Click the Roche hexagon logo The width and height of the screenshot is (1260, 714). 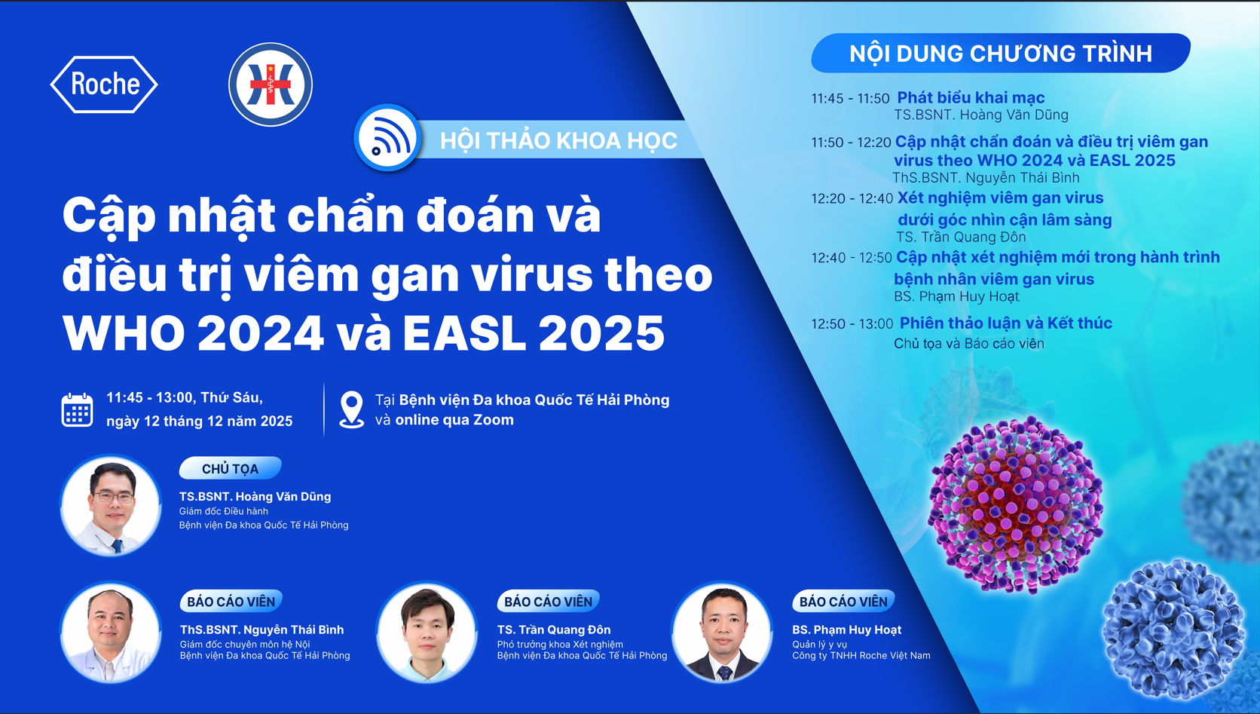point(104,84)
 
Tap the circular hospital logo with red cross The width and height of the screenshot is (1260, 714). point(271,84)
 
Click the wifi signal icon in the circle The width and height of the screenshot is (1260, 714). point(387,138)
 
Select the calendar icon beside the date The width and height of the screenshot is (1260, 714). point(77,410)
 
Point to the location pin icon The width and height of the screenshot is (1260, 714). point(352,409)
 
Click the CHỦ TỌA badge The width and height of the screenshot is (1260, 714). point(230,468)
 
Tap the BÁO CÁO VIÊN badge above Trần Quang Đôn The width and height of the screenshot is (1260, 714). point(548,601)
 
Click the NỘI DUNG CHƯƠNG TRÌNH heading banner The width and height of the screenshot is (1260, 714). point(1001,54)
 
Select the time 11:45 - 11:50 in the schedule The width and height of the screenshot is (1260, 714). point(850,99)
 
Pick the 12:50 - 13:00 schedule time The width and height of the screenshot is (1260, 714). point(852,324)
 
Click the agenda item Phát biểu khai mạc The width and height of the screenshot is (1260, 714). point(971,97)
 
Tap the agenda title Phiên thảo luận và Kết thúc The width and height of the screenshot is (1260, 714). point(1006,323)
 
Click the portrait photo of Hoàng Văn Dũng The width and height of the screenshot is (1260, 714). point(111,506)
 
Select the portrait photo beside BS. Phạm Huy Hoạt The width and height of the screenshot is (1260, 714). point(722,633)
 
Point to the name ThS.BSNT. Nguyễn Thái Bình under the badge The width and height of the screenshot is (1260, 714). point(261,630)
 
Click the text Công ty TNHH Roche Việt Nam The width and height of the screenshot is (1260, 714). point(861,655)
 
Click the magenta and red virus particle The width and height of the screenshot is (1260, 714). point(1016,504)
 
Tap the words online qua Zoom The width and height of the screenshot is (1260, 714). point(454,420)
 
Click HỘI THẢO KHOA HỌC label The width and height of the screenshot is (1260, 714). point(558,140)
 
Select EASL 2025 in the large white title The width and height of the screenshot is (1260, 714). point(534,333)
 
